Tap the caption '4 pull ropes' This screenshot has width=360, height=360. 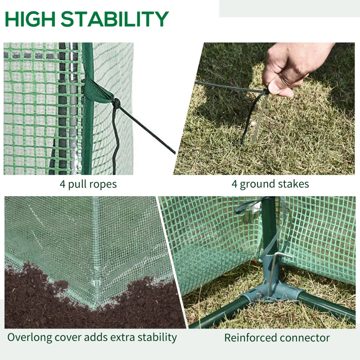88,184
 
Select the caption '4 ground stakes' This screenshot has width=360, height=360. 270,184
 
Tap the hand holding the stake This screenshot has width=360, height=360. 292,67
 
